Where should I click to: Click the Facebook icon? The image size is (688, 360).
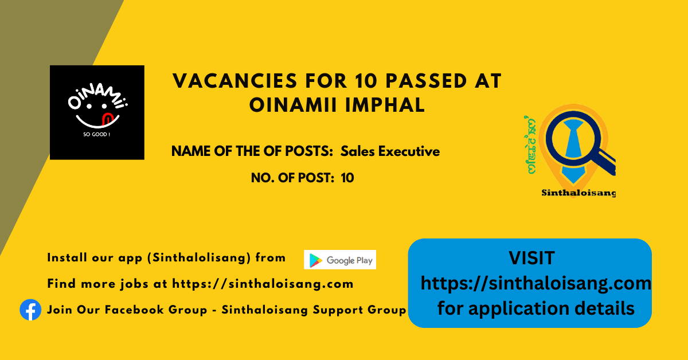click(30, 310)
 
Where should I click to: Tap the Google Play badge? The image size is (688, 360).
click(340, 260)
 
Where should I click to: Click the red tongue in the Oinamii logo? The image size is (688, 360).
click(107, 119)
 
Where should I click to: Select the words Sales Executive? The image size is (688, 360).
click(390, 151)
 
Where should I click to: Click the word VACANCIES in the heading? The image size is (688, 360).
click(235, 81)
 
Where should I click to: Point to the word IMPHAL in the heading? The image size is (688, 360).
click(385, 105)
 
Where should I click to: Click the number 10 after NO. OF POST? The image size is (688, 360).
click(347, 178)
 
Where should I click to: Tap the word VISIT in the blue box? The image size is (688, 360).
click(531, 258)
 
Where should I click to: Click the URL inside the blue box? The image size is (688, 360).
click(536, 283)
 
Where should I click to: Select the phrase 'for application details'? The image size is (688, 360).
click(536, 308)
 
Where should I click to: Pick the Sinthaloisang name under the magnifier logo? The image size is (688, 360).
click(578, 193)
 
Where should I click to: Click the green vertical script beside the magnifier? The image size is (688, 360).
click(531, 145)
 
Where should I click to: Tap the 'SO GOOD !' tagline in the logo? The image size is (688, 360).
click(97, 134)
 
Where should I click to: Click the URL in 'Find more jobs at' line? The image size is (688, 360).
click(263, 284)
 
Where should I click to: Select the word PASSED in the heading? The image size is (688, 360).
click(427, 81)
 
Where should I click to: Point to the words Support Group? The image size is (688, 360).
click(359, 310)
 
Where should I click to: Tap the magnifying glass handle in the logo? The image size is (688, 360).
click(604, 161)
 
